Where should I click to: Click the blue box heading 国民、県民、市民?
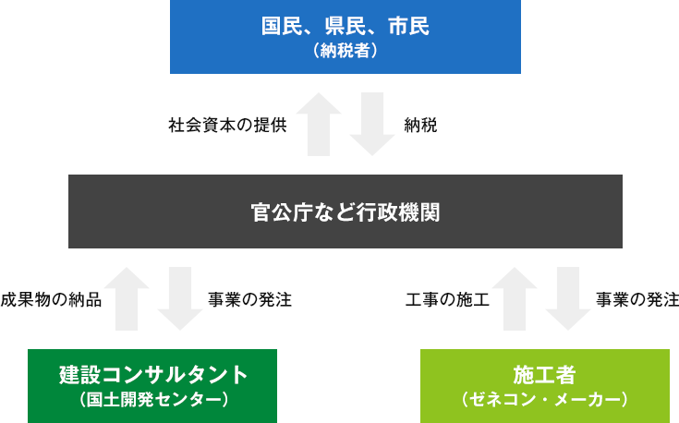pos(346,26)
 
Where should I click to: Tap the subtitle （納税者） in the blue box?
pos(346,51)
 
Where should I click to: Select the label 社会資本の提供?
pos(228,125)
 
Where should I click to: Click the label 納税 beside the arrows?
pos(420,125)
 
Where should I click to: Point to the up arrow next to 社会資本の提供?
pos(319,125)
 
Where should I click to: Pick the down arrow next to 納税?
pos(372,125)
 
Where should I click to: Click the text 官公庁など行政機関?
pos(346,212)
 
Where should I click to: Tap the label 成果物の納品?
pos(51,299)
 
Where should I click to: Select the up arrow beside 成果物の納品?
pos(127,298)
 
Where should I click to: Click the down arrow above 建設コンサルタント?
pos(180,298)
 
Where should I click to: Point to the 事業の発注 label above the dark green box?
pos(249,299)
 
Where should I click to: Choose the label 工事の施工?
pos(447,299)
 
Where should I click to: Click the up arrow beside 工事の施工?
pos(515,298)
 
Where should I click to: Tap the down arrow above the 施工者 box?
pos(568,298)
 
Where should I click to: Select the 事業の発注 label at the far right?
pos(637,299)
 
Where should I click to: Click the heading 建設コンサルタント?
pos(153,375)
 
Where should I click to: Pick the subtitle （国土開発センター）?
pos(153,400)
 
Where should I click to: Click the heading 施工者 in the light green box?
pos(544,375)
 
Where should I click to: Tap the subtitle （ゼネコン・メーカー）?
pos(544,400)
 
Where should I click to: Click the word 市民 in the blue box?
pos(408,26)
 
